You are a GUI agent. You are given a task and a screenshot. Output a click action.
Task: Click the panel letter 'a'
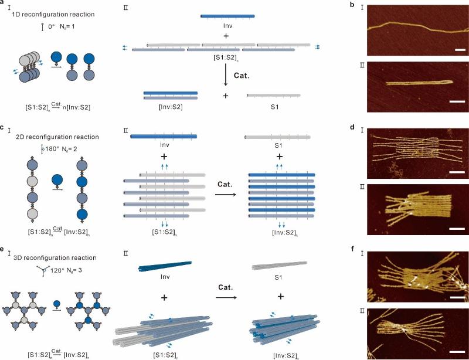[x=4, y=5]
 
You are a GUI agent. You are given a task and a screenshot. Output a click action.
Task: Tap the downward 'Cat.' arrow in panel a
[x=226, y=72]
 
